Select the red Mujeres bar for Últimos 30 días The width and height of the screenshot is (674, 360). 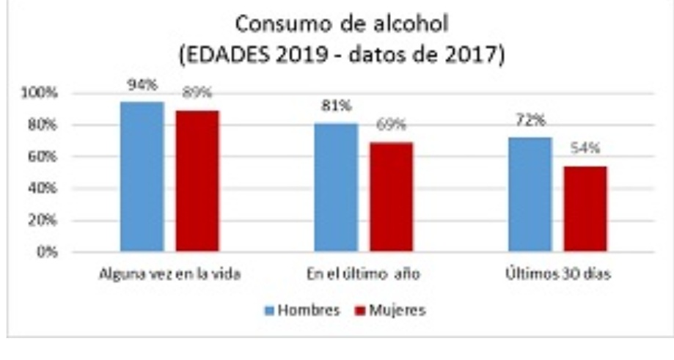585,209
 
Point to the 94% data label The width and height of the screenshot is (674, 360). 142,84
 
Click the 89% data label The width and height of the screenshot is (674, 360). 197,92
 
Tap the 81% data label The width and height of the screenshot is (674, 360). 336,106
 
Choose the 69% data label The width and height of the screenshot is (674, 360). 391,125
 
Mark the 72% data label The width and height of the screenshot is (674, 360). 530,120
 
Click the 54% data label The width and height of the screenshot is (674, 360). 585,148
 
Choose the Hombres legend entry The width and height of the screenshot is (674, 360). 302,310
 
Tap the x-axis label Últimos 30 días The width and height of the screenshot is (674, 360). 559,275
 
